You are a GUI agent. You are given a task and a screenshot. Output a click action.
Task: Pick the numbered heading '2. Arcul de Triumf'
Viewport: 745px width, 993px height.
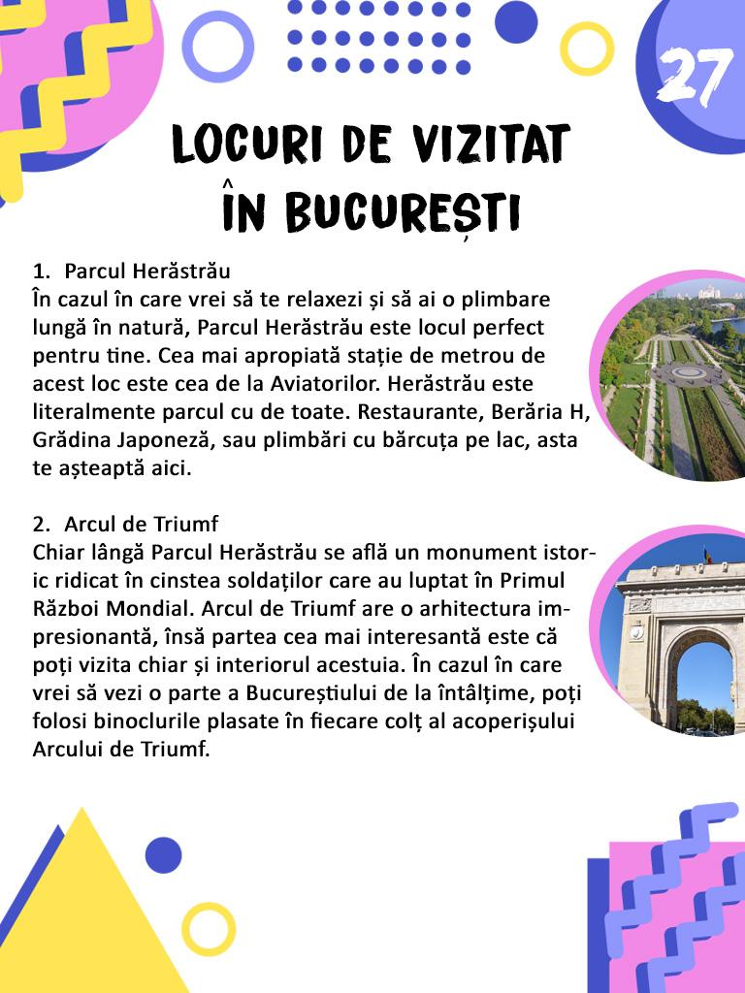(125, 525)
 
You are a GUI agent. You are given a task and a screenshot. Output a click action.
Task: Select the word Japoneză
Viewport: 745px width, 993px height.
(152, 439)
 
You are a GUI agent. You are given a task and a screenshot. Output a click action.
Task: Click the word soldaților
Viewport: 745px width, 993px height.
(309, 581)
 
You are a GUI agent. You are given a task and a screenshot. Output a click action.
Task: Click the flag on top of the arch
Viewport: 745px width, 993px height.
(708, 556)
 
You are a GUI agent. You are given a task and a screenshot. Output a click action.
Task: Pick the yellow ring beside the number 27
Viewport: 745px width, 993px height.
(587, 48)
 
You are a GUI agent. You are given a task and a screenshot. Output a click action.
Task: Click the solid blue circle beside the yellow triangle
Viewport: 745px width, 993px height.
(163, 855)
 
